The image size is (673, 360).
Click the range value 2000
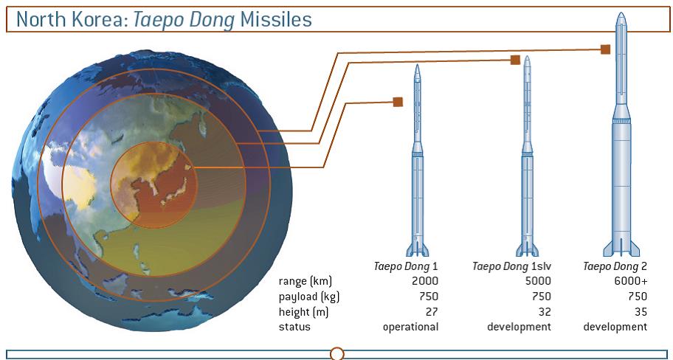click(x=425, y=282)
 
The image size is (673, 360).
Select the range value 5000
click(x=538, y=282)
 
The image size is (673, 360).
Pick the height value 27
click(x=431, y=312)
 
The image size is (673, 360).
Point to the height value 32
click(x=544, y=312)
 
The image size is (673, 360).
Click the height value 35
click(x=640, y=312)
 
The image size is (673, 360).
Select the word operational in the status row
click(x=411, y=328)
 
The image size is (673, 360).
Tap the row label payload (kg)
click(x=306, y=297)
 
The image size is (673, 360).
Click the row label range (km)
click(x=306, y=282)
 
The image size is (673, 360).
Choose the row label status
click(x=294, y=327)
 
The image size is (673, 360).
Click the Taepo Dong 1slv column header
click(x=511, y=266)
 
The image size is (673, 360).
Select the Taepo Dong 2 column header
click(x=615, y=266)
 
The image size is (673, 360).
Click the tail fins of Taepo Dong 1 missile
click(x=418, y=248)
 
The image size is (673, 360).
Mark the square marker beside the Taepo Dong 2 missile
click(x=605, y=49)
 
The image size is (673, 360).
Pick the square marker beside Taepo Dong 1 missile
click(x=398, y=102)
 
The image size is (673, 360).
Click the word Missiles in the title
click(x=275, y=20)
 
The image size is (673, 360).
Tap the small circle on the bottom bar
click(x=337, y=353)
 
